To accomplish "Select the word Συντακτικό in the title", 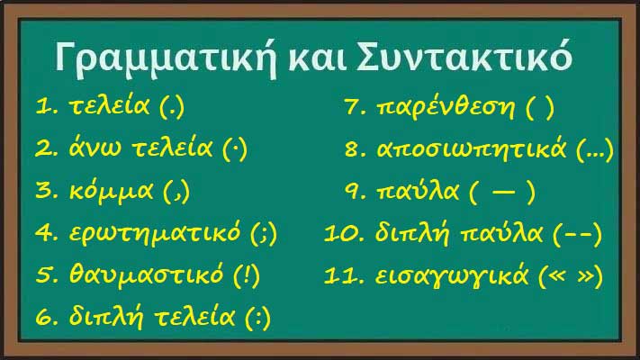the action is click(464, 57).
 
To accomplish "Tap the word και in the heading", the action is click(317, 58).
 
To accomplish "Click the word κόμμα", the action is click(111, 190).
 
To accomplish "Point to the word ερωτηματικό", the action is click(155, 233).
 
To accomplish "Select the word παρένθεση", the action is click(446, 108).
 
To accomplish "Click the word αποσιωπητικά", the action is click(472, 149).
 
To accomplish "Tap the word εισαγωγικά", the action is click(452, 276).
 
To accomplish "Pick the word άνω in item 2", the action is click(95, 147).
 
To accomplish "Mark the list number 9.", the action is click(352, 192).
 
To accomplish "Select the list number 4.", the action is click(44, 233).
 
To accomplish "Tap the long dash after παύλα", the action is click(504, 193).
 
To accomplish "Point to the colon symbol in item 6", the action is click(258, 318).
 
